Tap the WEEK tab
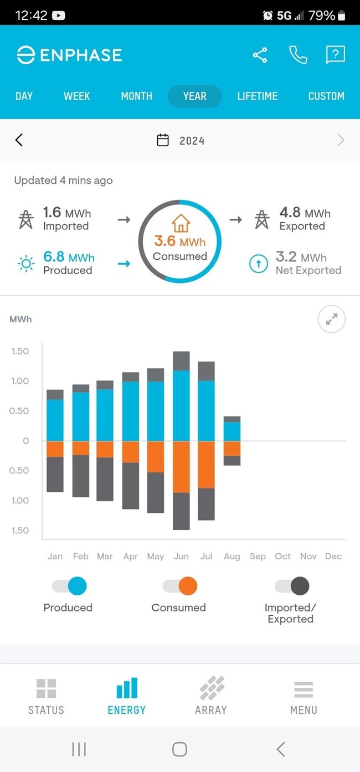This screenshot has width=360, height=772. [76, 96]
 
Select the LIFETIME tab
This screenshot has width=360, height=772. [257, 96]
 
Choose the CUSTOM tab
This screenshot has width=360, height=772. [326, 96]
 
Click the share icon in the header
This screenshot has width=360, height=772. [260, 55]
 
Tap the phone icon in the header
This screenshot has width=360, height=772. [298, 55]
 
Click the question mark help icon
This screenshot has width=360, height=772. [336, 54]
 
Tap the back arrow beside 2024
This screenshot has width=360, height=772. [19, 140]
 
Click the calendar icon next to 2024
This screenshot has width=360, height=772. [163, 140]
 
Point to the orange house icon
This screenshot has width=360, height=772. [181, 223]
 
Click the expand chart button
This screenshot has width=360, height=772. [331, 320]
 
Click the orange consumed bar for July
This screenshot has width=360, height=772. [206, 464]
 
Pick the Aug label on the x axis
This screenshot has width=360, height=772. [232, 556]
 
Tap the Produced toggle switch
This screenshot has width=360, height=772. [70, 586]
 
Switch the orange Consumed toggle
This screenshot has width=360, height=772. [181, 586]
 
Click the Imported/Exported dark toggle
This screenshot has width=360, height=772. [292, 586]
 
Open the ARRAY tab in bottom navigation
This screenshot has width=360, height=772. [211, 696]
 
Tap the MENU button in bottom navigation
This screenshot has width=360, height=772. [304, 696]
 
